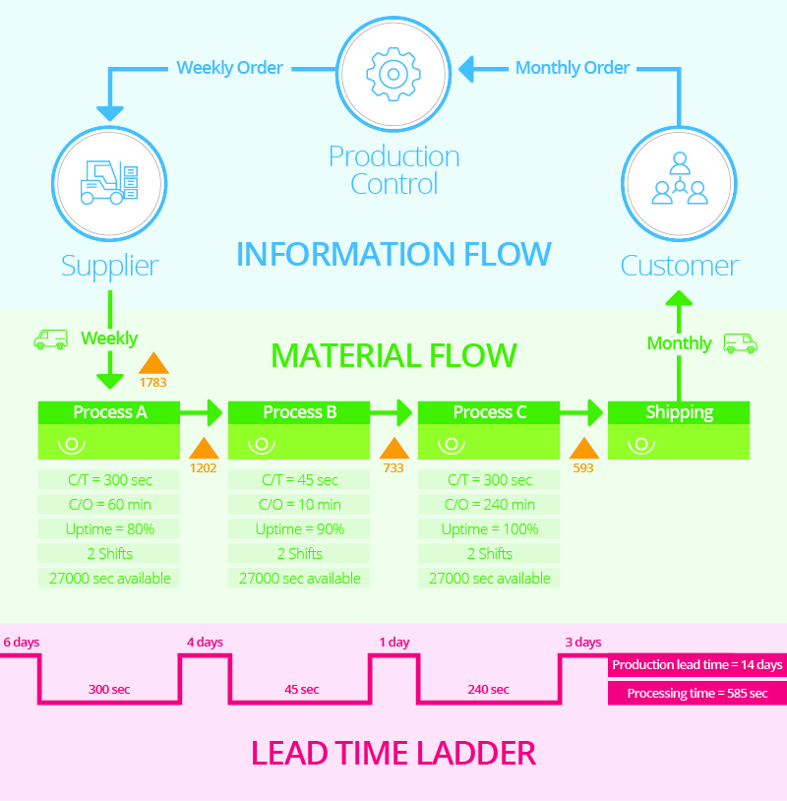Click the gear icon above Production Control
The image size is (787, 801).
click(393, 73)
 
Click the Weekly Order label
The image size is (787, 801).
click(229, 68)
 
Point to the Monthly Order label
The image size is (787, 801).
click(573, 68)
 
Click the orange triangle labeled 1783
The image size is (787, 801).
click(153, 363)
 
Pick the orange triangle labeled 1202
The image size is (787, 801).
click(204, 449)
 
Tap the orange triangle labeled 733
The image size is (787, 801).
click(393, 449)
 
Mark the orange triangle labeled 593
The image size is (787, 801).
click(583, 449)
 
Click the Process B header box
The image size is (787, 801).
click(299, 412)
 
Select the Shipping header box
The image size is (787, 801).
click(679, 412)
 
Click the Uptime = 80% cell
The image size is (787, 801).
click(109, 528)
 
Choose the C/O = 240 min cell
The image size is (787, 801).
click(489, 505)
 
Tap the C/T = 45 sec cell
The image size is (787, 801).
click(299, 480)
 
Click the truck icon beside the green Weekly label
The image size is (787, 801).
click(50, 339)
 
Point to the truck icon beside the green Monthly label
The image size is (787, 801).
click(740, 343)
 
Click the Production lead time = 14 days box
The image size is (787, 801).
click(696, 665)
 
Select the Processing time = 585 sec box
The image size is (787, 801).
click(696, 694)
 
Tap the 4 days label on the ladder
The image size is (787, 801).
click(205, 643)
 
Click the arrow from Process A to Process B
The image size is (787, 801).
click(204, 412)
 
